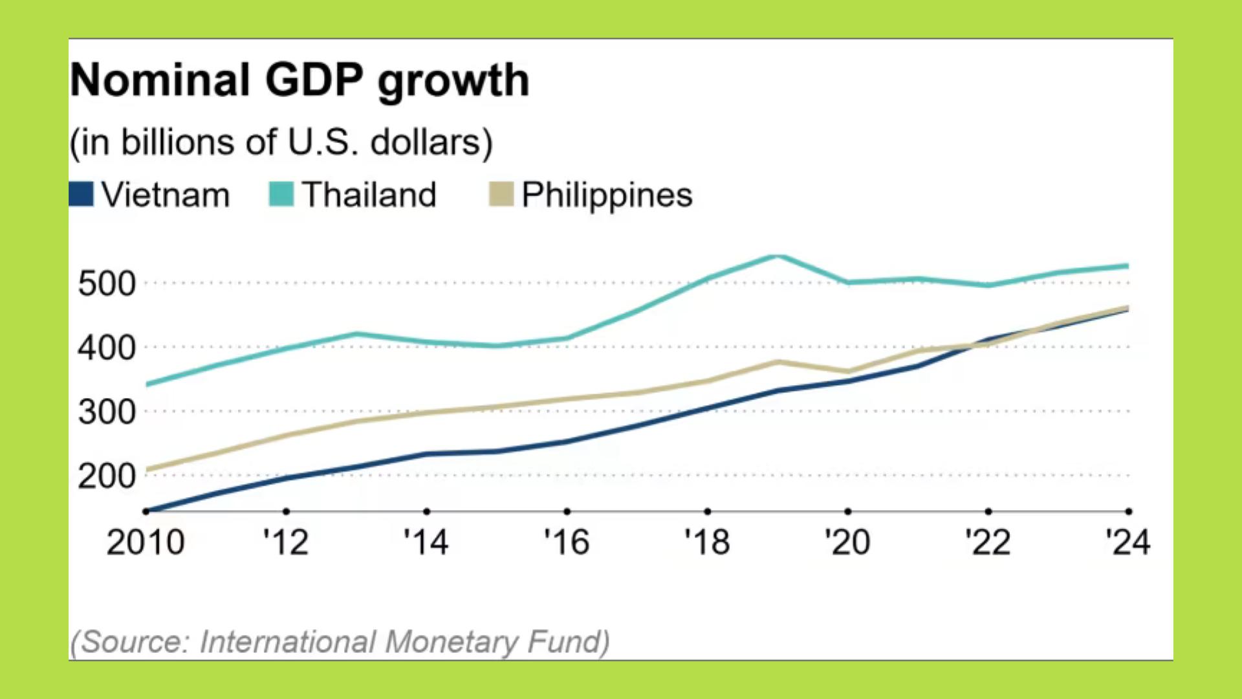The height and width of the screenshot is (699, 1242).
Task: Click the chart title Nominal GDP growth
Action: point(300,80)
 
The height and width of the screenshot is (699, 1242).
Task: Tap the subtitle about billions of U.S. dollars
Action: point(281,142)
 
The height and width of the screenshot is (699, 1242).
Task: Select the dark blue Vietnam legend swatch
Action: point(82,194)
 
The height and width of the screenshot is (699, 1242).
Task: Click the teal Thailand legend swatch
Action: point(281,194)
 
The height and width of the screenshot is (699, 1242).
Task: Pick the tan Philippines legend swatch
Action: point(501,194)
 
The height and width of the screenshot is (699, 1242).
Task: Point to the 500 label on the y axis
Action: point(107,283)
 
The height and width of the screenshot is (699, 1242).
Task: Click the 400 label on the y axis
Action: point(107,348)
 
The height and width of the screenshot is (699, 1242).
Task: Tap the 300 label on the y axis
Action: point(107,412)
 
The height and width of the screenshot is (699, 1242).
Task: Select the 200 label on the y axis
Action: point(107,476)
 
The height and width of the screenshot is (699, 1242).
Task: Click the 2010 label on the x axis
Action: point(146,542)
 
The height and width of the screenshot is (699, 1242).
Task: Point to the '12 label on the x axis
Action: point(286,542)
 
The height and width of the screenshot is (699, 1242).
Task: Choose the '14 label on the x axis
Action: point(426,542)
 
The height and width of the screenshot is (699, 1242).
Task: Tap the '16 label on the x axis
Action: point(567,542)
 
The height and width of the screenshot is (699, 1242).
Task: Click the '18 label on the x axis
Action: point(707,542)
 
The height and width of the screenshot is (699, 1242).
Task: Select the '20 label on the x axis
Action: point(847,542)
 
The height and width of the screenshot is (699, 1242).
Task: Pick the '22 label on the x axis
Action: point(988,542)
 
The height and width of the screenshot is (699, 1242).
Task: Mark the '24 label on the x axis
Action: point(1128,542)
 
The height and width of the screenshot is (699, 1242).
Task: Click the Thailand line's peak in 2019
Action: point(778,256)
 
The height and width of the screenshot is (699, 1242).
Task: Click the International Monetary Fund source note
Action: point(340,642)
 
